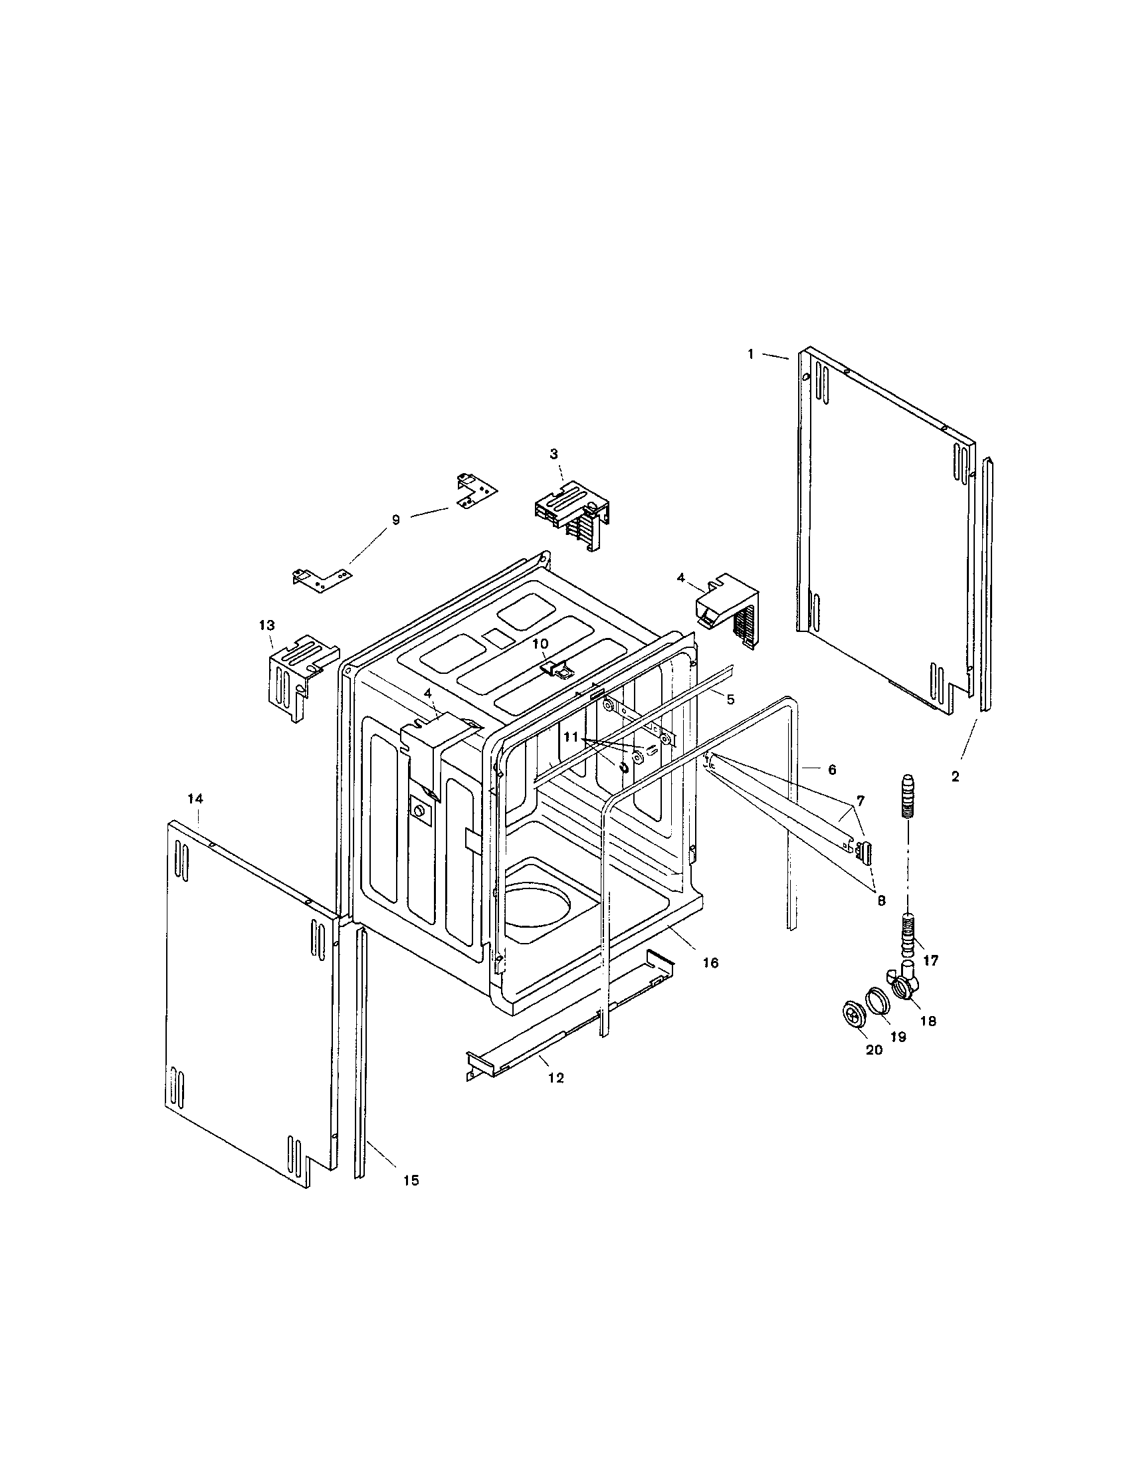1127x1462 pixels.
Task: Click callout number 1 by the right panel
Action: pyautogui.click(x=751, y=354)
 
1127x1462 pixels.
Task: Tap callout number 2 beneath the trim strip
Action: pyautogui.click(x=955, y=776)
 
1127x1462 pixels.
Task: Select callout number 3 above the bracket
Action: pyautogui.click(x=554, y=454)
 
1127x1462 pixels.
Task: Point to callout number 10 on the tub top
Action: pyautogui.click(x=540, y=643)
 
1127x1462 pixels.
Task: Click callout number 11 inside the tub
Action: pyautogui.click(x=570, y=736)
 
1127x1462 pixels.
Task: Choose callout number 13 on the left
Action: pyautogui.click(x=266, y=625)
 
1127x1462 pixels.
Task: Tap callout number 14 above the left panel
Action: pyautogui.click(x=195, y=799)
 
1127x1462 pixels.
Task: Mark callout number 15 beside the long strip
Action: pyautogui.click(x=411, y=1181)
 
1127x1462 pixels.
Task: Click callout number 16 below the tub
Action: pyautogui.click(x=710, y=963)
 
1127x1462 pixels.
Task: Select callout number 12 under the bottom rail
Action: pyautogui.click(x=556, y=1078)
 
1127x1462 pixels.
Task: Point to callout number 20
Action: pyautogui.click(x=874, y=1050)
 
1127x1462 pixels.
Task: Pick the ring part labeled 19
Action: pyautogui.click(x=876, y=998)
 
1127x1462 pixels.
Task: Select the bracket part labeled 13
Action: pyautogui.click(x=294, y=676)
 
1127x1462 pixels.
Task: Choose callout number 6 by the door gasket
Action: pyautogui.click(x=832, y=770)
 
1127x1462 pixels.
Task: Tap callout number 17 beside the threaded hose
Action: pyautogui.click(x=930, y=961)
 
